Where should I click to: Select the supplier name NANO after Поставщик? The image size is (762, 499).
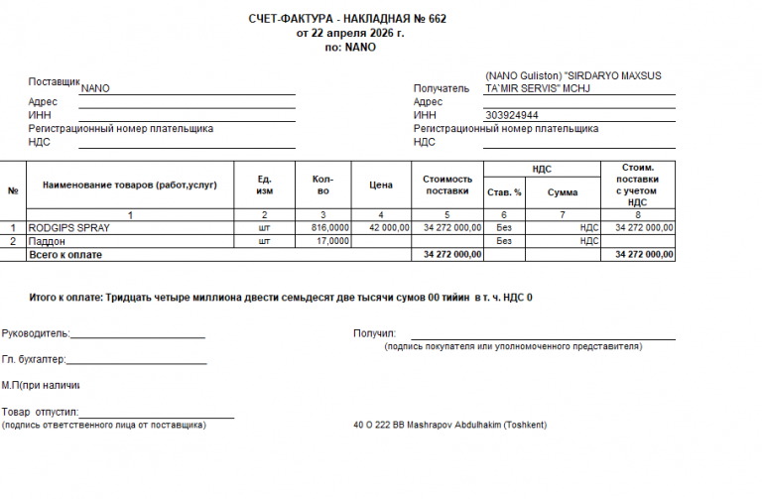95,88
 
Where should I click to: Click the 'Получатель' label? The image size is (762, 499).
442,88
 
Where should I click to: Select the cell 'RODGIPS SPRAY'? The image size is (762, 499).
68,227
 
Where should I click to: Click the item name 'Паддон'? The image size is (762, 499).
45,240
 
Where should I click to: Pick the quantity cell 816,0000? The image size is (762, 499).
329,227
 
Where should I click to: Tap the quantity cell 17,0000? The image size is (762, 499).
332,240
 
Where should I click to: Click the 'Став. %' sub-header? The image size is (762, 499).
503,192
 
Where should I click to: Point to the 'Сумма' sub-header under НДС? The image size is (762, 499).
563,192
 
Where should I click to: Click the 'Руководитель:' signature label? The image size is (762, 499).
36,333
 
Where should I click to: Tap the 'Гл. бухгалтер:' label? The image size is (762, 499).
34,359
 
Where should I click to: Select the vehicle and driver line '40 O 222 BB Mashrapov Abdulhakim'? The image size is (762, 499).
449,425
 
